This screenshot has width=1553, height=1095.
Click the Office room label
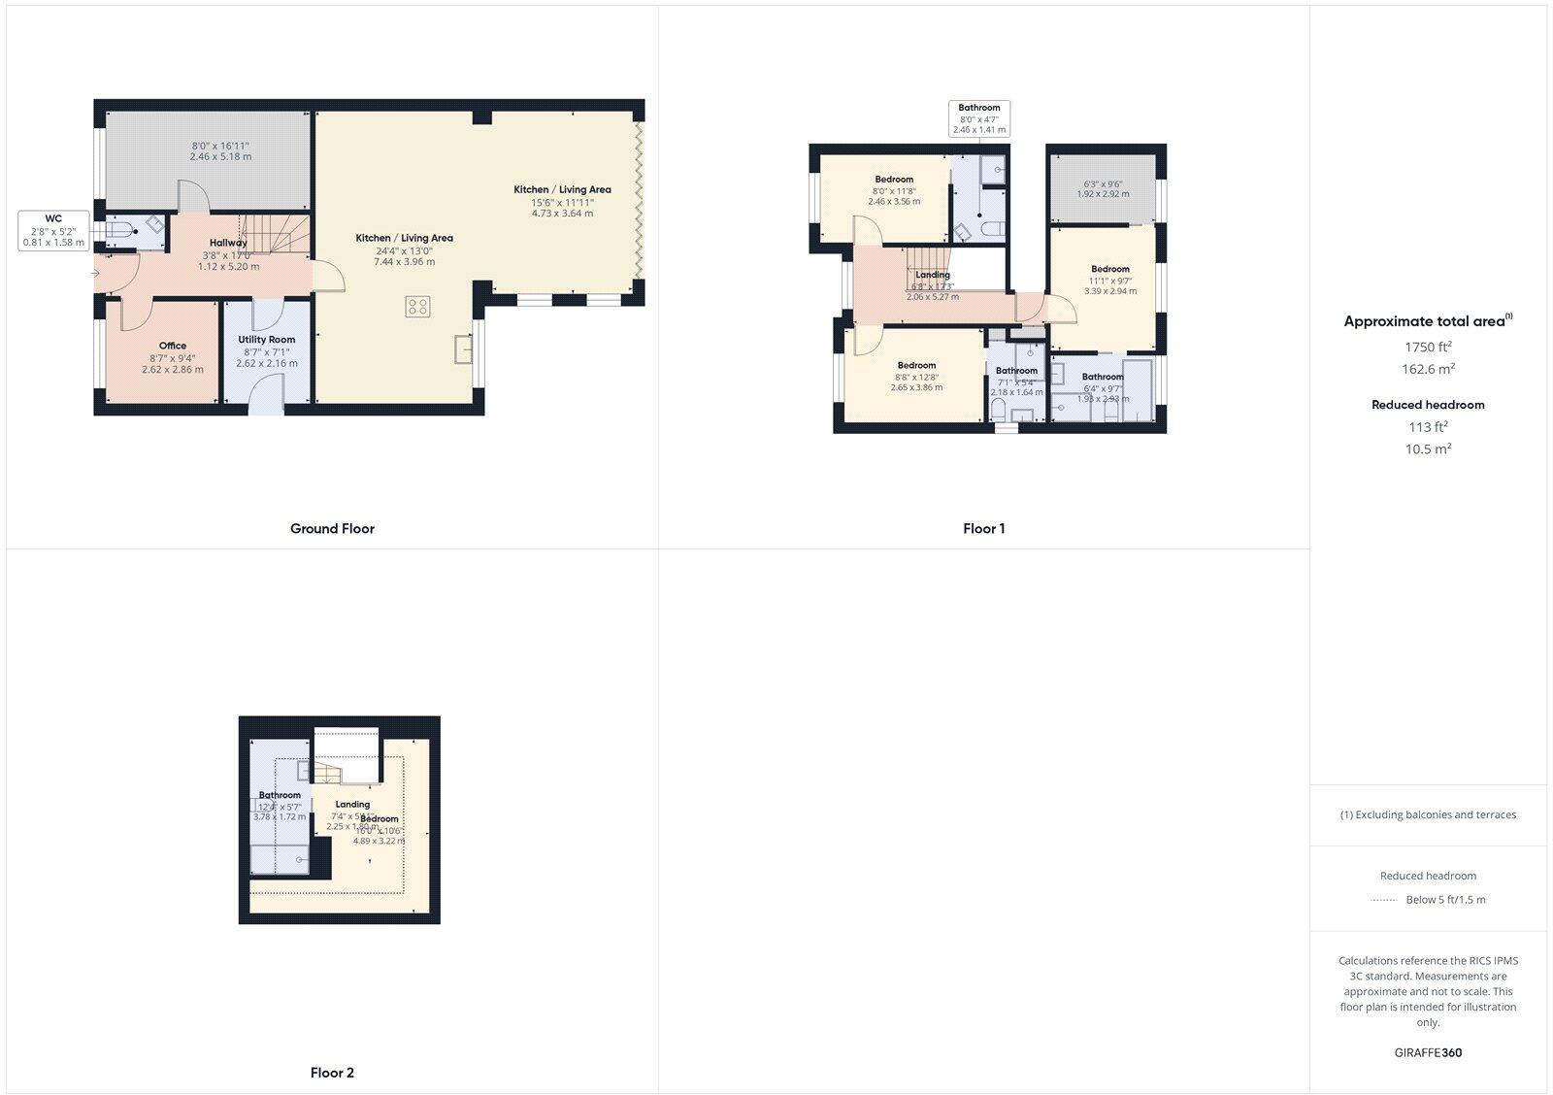(x=173, y=346)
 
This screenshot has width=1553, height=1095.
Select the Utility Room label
(x=267, y=340)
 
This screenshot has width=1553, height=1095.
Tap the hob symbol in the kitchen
(x=417, y=307)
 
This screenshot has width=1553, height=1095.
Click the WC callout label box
(x=54, y=231)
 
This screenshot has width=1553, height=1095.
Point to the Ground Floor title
(x=332, y=529)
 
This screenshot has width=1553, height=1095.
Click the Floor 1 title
(x=983, y=529)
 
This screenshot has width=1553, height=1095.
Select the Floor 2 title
(x=332, y=1073)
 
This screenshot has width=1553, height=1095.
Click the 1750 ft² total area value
(x=1428, y=347)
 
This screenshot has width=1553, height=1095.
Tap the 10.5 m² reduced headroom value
(x=1428, y=449)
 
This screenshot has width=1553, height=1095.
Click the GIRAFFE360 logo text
(x=1428, y=1052)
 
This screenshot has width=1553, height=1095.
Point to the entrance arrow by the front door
(x=95, y=274)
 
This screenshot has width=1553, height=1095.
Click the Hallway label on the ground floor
(x=228, y=243)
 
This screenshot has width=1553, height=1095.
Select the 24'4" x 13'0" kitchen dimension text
(x=404, y=250)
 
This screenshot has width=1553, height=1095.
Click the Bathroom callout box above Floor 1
(x=978, y=118)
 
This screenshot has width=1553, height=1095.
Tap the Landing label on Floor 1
(x=933, y=275)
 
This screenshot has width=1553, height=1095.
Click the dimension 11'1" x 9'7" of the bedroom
(x=1110, y=281)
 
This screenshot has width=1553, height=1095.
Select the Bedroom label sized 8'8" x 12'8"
(x=916, y=366)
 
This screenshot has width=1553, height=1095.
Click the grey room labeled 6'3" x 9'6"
(x=1103, y=188)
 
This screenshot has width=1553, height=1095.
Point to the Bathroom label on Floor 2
(x=280, y=795)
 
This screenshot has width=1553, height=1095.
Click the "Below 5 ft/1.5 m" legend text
(x=1445, y=900)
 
